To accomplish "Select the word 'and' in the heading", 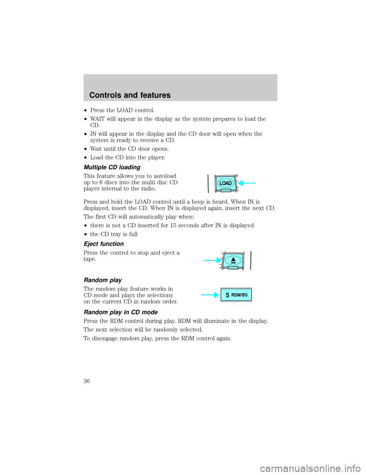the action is (133, 95).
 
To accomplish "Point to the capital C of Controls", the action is (92, 95).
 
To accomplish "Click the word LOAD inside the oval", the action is (226, 183).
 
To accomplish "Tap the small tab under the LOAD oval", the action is (226, 190).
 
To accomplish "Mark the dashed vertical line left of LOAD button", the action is (208, 183).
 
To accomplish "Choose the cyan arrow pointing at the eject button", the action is (211, 260).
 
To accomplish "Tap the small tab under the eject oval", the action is (233, 267).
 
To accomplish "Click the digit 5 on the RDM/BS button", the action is (227, 295).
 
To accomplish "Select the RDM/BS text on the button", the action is (239, 295).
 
